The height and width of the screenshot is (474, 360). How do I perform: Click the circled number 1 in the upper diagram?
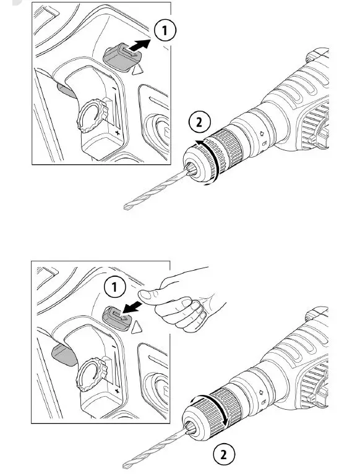pyautogui.click(x=165, y=30)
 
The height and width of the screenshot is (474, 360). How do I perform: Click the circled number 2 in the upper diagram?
pyautogui.click(x=199, y=122)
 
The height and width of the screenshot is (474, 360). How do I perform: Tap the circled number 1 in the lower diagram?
pyautogui.click(x=114, y=287)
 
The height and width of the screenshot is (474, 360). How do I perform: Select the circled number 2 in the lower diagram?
pyautogui.click(x=224, y=454)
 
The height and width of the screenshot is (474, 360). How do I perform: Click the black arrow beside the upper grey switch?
pyautogui.click(x=139, y=45)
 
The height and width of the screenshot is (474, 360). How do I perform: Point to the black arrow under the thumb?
pyautogui.click(x=132, y=308)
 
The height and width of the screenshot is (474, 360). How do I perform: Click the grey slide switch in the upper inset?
pyautogui.click(x=122, y=57)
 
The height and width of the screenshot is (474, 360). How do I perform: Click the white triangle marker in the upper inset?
pyautogui.click(x=137, y=70)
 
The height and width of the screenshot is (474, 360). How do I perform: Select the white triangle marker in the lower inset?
pyautogui.click(x=137, y=328)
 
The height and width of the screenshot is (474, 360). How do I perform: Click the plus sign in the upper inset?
pyautogui.click(x=118, y=133)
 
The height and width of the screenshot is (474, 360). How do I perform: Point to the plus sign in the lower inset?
pyautogui.click(x=117, y=391)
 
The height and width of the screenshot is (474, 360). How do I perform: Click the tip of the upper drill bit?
pyautogui.click(x=125, y=208)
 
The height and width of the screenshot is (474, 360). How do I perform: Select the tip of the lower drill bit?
pyautogui.click(x=124, y=467)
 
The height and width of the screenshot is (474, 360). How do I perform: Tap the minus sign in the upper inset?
pyautogui.click(x=114, y=88)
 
